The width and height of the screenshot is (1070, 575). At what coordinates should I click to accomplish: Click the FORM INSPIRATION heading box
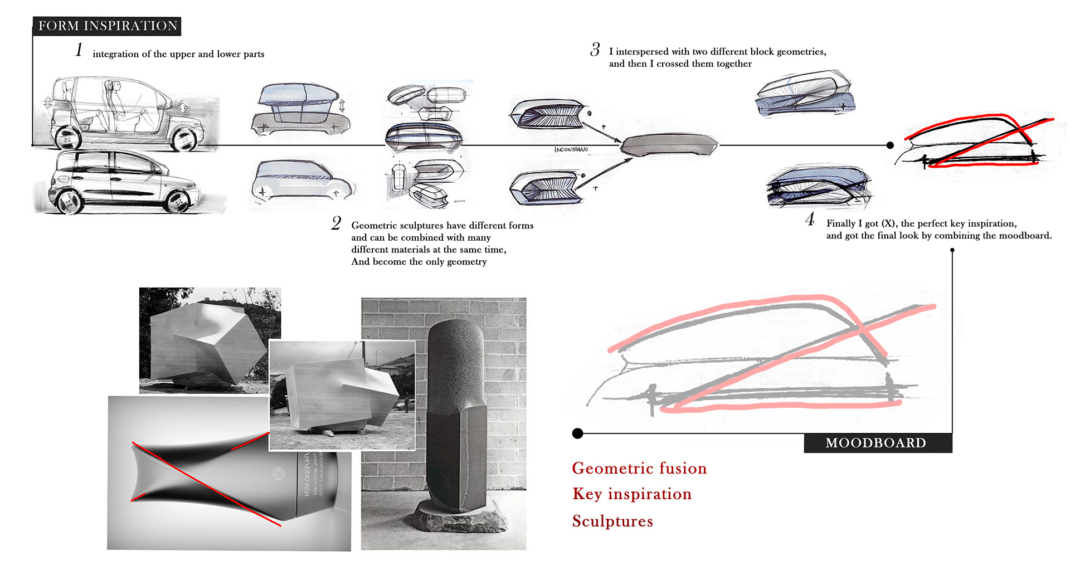tap(107, 26)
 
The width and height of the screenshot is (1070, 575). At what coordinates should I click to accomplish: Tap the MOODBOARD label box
tap(877, 443)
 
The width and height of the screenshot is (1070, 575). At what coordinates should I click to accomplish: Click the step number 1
tap(79, 50)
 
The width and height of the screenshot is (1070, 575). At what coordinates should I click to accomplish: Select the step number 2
tap(336, 223)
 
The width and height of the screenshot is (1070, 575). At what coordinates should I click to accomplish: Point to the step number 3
tap(595, 50)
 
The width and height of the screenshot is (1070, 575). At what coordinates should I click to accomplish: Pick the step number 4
tap(810, 220)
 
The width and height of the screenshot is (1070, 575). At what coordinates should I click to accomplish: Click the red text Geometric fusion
tap(639, 468)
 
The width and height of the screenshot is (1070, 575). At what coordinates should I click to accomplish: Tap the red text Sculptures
tap(612, 521)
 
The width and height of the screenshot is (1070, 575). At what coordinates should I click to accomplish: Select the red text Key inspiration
tap(632, 494)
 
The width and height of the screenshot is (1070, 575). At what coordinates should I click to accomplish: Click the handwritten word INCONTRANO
tap(571, 149)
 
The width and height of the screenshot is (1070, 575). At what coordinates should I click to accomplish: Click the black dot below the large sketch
tap(578, 433)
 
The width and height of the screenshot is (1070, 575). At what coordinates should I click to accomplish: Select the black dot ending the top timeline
tap(890, 145)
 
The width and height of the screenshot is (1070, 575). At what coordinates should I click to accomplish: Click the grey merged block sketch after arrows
tap(669, 145)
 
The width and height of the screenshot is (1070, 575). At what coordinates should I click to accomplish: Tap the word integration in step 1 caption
tap(115, 54)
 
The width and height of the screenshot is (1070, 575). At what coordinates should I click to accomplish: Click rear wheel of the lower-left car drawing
tap(179, 201)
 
